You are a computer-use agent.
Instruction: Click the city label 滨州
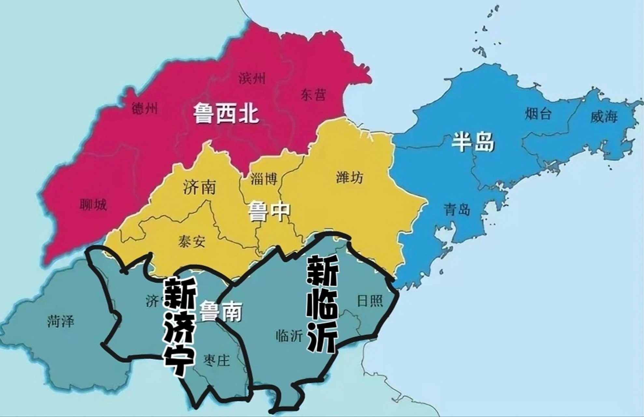click(x=252, y=79)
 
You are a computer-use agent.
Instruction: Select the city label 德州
click(x=145, y=108)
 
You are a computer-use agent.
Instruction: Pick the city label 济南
click(x=199, y=187)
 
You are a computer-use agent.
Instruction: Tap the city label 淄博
click(x=264, y=179)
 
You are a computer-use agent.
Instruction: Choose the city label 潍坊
click(x=349, y=178)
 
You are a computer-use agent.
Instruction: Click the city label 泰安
click(x=192, y=241)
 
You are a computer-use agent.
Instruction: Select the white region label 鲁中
click(x=269, y=211)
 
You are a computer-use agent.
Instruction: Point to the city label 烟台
click(x=538, y=114)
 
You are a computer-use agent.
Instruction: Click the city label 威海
click(x=604, y=116)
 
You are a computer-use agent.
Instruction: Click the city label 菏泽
click(x=61, y=321)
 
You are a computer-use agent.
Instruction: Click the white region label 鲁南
click(x=221, y=311)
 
